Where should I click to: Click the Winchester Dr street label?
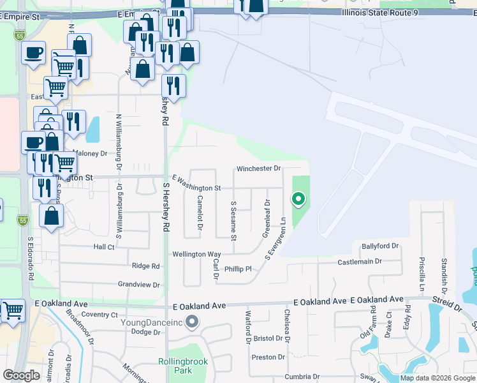pyautogui.click(x=258, y=169)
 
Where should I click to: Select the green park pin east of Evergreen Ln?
pyautogui.click(x=298, y=199)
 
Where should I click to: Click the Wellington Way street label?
pyautogui.click(x=196, y=254)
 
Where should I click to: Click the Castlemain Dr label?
pyautogui.click(x=359, y=262)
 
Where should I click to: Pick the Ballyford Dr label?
pyautogui.click(x=379, y=246)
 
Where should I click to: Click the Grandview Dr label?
pyautogui.click(x=138, y=284)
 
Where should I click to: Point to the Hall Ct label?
pyautogui.click(x=103, y=246)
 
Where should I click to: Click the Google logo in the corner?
pyautogui.click(x=21, y=375)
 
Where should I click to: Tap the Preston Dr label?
pyautogui.click(x=268, y=357)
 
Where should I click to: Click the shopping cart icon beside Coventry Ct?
pyautogui.click(x=13, y=310)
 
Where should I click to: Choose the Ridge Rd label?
pyautogui.click(x=145, y=266)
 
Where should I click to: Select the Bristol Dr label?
pyautogui.click(x=263, y=338)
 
